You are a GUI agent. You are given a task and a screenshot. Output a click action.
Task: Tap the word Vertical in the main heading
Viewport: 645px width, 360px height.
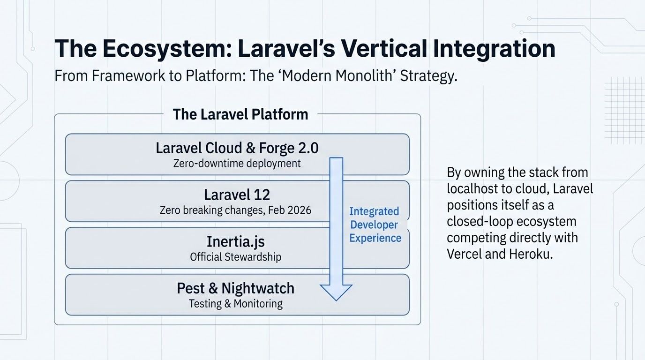[x=398, y=49]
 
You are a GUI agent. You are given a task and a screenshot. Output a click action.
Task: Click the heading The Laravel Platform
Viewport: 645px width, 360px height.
[x=240, y=114]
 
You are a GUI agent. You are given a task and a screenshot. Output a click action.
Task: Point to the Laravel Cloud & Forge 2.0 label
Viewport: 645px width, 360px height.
[x=237, y=148]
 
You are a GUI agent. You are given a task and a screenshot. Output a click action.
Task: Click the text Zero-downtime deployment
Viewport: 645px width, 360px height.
[x=237, y=164]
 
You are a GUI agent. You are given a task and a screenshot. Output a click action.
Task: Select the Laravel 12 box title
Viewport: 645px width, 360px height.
[x=237, y=195]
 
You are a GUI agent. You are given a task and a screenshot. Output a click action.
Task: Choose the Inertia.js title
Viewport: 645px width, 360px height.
[x=235, y=242]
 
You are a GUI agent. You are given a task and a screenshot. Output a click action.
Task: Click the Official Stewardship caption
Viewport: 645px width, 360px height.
[x=235, y=257]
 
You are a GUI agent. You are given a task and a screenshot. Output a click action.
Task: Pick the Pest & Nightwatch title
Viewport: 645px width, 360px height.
[x=235, y=288]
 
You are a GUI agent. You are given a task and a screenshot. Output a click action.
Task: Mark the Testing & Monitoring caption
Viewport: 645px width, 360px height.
[x=235, y=303]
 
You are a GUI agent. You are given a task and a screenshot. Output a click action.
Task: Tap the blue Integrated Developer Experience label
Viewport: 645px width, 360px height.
[x=375, y=225]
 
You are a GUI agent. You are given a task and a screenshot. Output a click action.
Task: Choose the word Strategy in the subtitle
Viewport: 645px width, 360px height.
[x=427, y=76]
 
